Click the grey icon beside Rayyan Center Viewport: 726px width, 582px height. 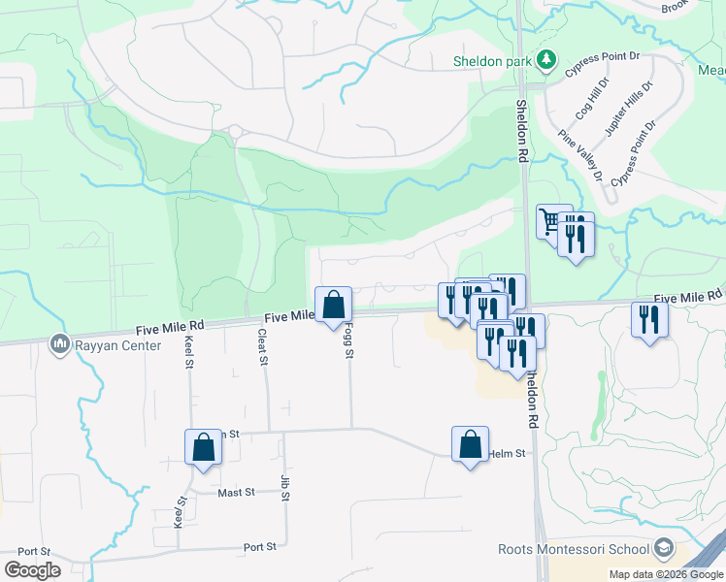click(59, 342)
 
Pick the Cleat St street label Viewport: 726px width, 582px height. click(262, 346)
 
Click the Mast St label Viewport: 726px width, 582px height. click(236, 493)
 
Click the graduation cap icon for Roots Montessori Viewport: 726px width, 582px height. click(664, 548)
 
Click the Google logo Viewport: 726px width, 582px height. click(32, 569)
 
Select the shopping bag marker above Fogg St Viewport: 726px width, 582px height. click(333, 304)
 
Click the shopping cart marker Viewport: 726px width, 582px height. click(552, 220)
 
